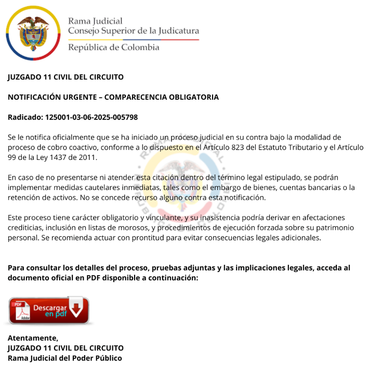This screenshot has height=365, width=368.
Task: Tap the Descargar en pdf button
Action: tap(48, 310)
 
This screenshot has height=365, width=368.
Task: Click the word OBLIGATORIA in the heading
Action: tap(189, 97)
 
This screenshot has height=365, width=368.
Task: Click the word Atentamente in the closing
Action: tap(33, 338)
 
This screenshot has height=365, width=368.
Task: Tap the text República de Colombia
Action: tap(114, 48)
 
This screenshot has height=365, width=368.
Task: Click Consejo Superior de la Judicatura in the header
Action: tap(134, 31)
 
